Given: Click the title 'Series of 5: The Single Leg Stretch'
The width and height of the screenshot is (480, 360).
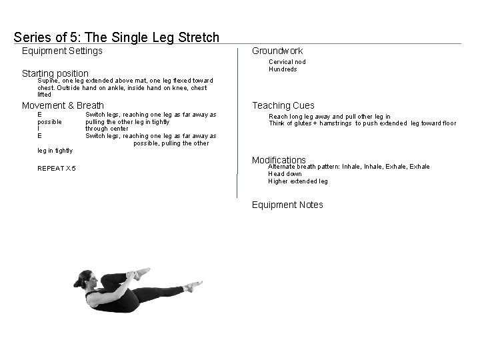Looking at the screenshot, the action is [116, 37].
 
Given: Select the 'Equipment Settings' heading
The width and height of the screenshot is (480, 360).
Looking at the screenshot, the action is [62, 51].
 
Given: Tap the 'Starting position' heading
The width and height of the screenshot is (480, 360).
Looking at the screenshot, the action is [55, 73].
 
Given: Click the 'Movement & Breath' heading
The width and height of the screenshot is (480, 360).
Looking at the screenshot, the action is [63, 105].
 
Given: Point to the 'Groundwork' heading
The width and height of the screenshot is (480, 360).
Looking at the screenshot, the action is [277, 51].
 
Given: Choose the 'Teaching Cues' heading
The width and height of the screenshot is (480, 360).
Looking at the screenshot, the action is [283, 105].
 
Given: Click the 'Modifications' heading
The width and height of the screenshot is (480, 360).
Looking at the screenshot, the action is [279, 160].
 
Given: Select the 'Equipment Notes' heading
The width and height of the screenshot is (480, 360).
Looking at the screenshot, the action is [287, 205].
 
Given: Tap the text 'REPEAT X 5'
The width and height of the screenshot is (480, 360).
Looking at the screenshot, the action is [56, 169].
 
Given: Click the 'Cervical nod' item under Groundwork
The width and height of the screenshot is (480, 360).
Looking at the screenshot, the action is [287, 62].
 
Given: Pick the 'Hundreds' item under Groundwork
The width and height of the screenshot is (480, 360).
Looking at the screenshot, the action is [283, 69].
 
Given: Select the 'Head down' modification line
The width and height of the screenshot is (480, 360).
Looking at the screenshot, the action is [285, 174].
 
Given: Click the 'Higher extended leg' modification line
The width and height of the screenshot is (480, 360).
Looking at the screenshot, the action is [298, 181].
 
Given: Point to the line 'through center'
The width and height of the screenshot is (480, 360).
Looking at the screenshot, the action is [107, 129].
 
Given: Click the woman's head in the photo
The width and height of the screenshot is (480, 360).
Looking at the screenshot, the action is [85, 279].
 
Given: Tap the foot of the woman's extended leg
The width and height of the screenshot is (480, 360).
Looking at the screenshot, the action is [193, 286].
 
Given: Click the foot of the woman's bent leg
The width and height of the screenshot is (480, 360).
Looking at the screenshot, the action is [142, 273].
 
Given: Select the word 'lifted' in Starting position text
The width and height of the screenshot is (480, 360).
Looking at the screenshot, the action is [44, 95].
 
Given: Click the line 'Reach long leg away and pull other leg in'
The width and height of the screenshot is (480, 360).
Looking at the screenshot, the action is [329, 117].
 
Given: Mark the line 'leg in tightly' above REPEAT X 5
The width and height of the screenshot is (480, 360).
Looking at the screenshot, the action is [55, 151].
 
